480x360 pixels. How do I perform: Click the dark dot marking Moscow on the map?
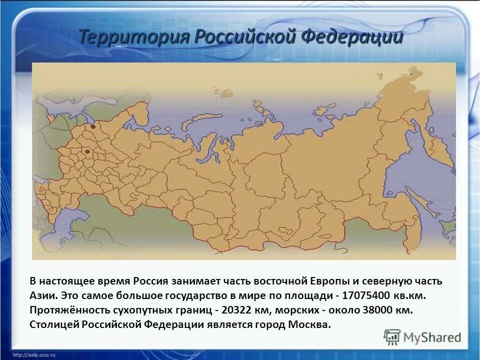87,151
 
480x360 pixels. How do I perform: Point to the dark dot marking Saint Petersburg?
92,127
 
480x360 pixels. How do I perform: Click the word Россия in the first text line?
151,281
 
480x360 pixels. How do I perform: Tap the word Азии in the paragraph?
43,295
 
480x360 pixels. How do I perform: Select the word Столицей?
51,324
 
